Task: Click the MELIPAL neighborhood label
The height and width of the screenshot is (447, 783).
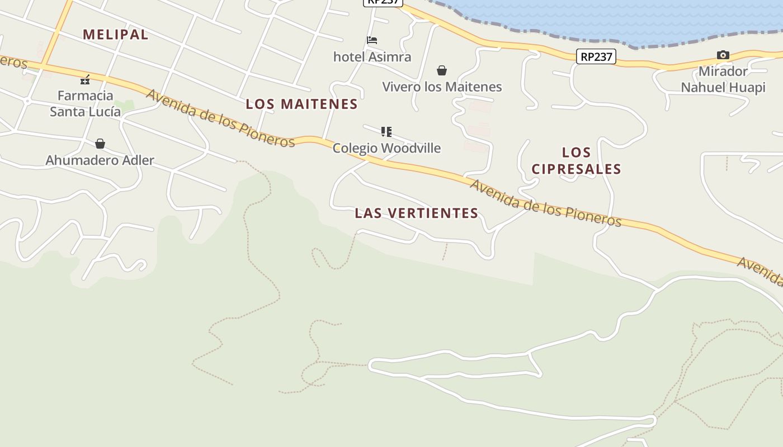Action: [116, 35]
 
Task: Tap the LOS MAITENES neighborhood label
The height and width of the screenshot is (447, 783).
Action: [301, 104]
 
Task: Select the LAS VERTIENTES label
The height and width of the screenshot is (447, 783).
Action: [417, 213]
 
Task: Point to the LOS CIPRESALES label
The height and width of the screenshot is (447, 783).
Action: [576, 160]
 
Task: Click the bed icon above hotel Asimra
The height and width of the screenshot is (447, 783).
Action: [372, 40]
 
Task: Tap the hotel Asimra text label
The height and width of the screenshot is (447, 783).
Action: [372, 56]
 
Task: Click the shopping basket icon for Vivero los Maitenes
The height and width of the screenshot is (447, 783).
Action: [442, 70]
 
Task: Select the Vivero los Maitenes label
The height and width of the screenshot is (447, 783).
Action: [442, 87]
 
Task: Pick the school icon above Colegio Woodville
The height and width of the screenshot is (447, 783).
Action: [386, 132]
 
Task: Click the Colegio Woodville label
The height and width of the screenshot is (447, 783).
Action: [386, 148]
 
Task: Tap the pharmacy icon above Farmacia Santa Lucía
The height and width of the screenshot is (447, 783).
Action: [85, 80]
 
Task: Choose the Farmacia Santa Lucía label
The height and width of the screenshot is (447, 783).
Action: [85, 103]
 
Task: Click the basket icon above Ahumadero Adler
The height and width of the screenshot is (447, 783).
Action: [100, 144]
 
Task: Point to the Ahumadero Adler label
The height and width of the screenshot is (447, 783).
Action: [100, 160]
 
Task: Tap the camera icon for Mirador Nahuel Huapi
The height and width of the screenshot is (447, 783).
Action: [723, 55]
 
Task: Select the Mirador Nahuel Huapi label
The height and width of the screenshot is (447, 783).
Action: [723, 79]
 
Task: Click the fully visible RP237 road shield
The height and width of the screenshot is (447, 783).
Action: [596, 56]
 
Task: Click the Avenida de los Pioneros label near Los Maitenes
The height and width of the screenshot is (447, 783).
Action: [220, 118]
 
